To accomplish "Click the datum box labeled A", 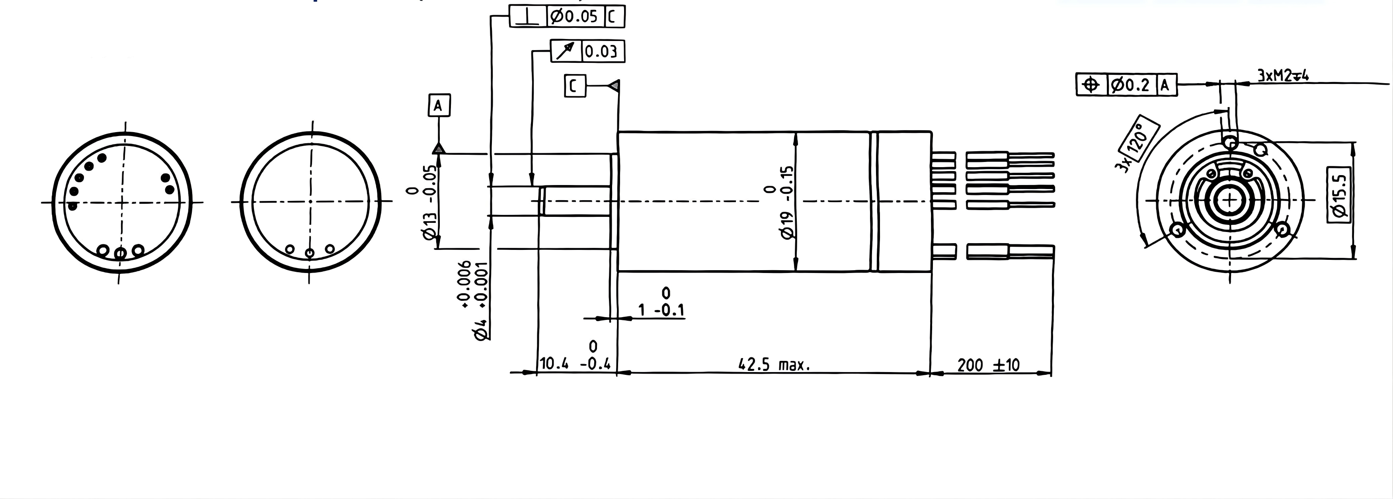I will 439,105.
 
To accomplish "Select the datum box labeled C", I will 575,86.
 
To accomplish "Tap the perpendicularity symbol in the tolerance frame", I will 528,17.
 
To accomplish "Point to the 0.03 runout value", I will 601,52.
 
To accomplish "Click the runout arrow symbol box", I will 566,51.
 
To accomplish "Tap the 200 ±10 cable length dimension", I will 988,365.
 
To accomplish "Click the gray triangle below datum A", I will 439,148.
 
